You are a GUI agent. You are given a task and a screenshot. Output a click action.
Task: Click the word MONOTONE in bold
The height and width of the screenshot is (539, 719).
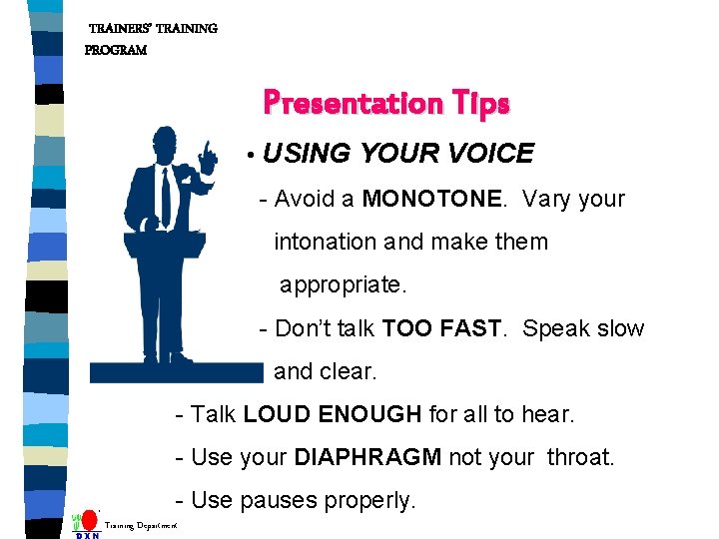coord(431,199)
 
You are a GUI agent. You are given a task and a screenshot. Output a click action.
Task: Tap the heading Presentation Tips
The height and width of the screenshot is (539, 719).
coord(386,103)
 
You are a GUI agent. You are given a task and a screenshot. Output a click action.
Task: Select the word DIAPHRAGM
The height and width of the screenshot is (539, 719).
coord(367,457)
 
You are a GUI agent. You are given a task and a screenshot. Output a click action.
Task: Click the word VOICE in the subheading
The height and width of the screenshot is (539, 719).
coord(490,153)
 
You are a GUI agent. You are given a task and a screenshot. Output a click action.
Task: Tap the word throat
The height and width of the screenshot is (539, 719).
coord(580,457)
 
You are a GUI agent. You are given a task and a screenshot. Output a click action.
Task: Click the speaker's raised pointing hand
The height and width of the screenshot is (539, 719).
coord(208,155)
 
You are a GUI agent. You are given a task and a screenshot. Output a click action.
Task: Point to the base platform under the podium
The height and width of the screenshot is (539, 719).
coord(176,373)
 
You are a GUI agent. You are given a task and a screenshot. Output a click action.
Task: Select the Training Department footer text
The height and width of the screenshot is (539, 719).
coord(141,524)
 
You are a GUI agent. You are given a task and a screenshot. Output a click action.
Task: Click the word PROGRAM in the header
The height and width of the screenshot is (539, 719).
coord(116,50)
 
